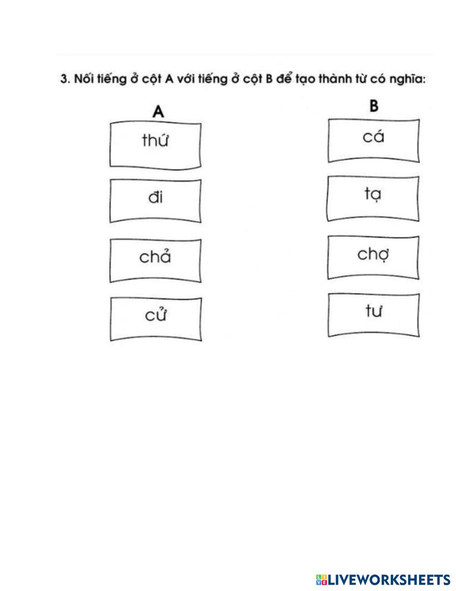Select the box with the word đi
point(155,201)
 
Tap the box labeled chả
point(155,260)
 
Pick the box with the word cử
point(155,318)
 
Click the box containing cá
point(373,140)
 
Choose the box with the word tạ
point(373,199)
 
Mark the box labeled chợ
point(373,257)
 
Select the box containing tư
point(373,315)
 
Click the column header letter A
point(158,112)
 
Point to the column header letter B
point(373,106)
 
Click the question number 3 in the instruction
point(64,79)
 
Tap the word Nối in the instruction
point(83,79)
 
